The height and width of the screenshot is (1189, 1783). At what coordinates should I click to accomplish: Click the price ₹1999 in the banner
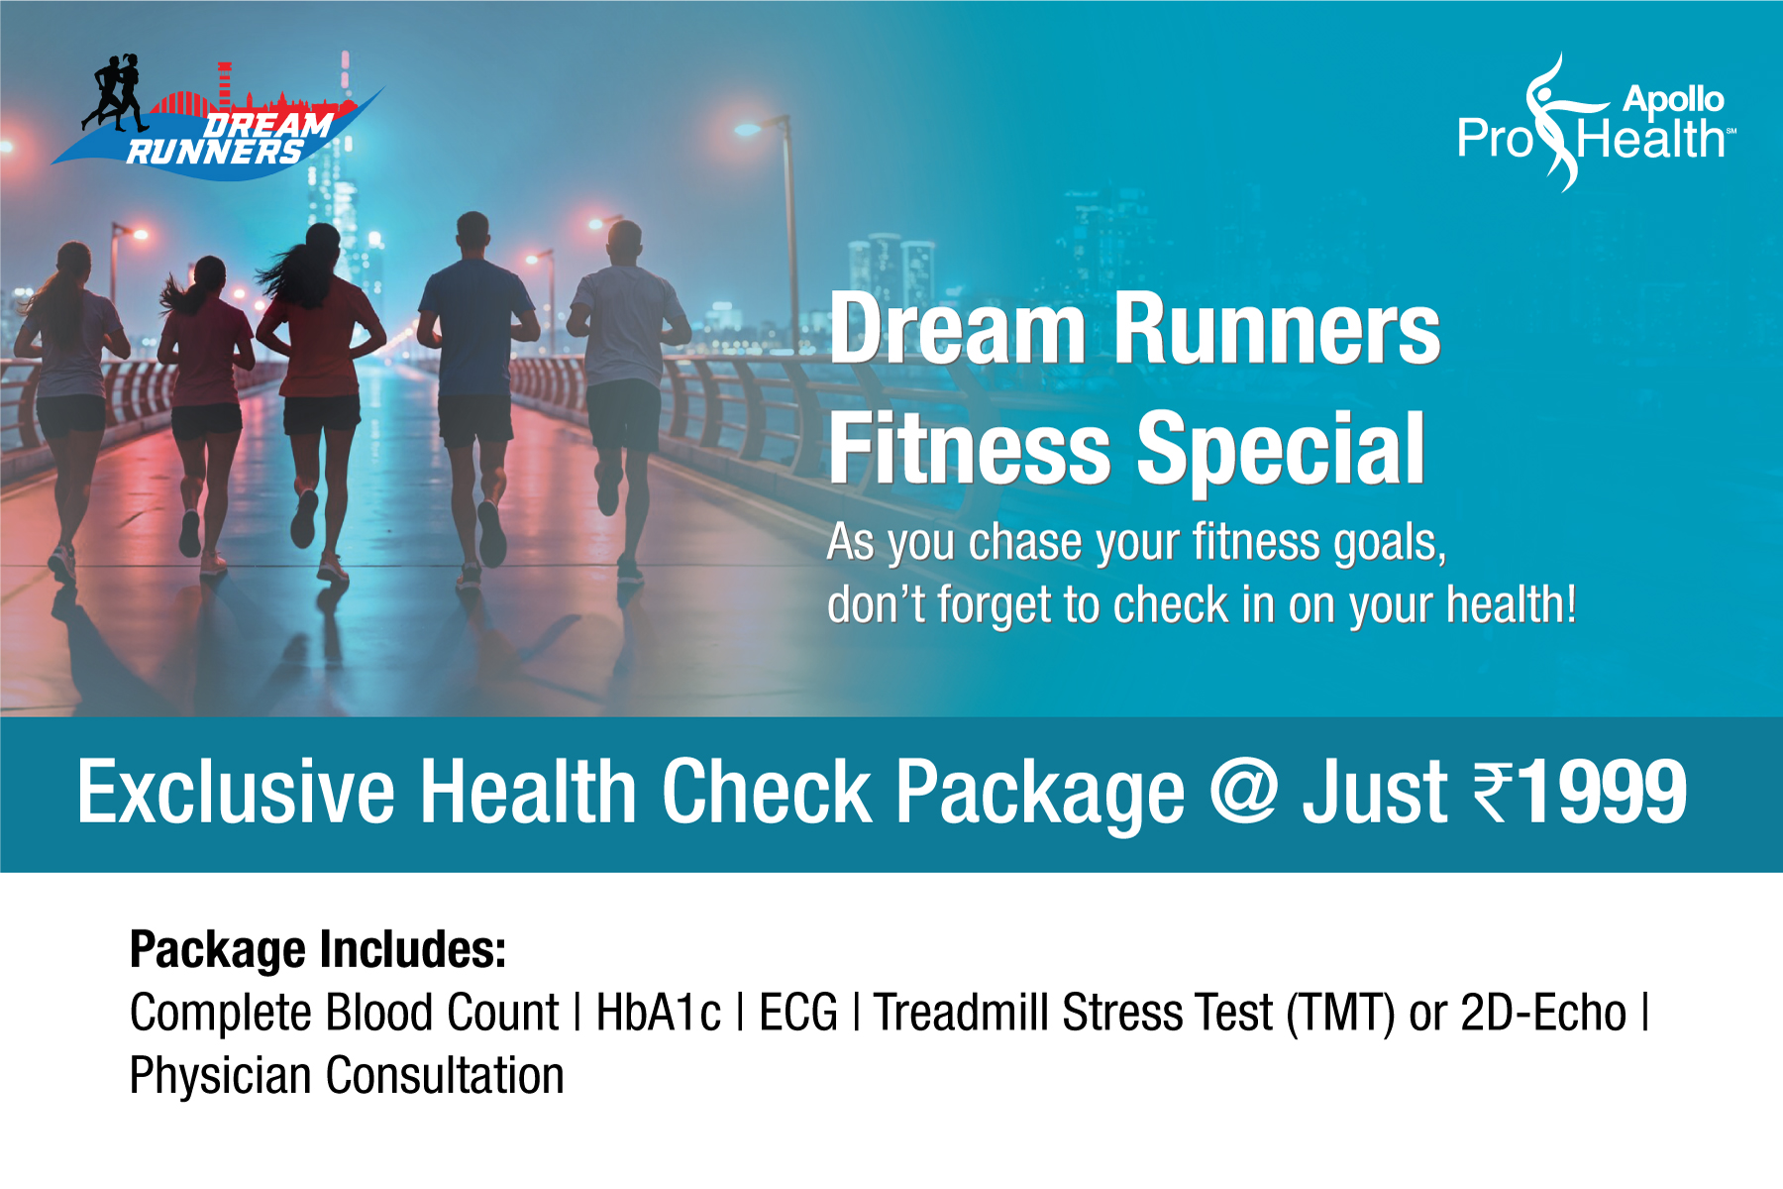(x=1581, y=793)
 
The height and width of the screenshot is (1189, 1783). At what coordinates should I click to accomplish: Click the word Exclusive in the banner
(x=236, y=793)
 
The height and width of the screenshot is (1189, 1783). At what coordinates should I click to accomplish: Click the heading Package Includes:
(x=318, y=949)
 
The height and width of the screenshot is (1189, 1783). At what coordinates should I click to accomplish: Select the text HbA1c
(x=659, y=1014)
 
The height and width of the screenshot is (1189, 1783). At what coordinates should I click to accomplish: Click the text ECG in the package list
(x=797, y=1014)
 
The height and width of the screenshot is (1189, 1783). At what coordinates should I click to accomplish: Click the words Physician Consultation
(x=347, y=1076)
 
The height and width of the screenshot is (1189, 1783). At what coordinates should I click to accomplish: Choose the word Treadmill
(x=961, y=1014)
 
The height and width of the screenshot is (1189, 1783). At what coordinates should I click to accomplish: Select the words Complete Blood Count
(x=345, y=1014)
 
